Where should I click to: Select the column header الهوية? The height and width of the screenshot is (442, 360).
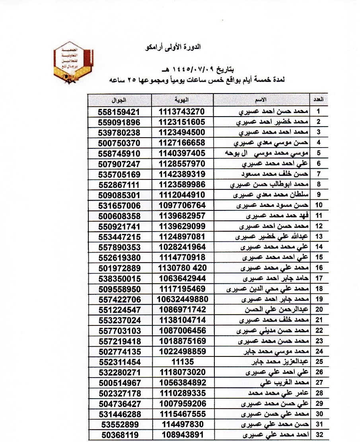coord(182,99)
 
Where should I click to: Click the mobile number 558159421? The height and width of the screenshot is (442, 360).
coord(119,111)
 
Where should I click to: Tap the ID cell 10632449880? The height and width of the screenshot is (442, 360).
coord(182,299)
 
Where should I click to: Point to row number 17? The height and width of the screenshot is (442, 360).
coord(318,278)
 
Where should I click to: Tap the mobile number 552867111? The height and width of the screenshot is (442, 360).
coord(119,184)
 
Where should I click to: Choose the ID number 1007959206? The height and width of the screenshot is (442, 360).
coord(182,404)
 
